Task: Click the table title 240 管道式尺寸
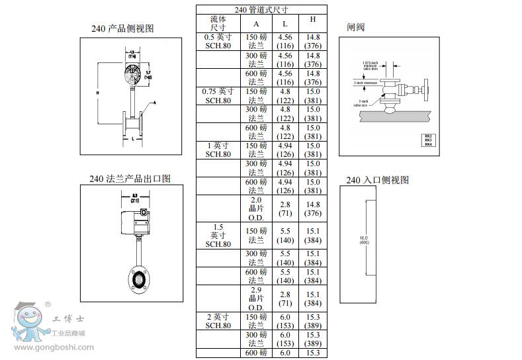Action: [x=261, y=10]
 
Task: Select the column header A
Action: [x=256, y=24]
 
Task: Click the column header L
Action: [x=285, y=24]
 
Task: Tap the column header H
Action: [x=313, y=20]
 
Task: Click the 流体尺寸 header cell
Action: [x=218, y=24]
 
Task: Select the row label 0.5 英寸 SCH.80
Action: [x=218, y=42]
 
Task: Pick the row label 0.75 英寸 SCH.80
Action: [x=218, y=96]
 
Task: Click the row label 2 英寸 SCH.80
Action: [x=218, y=321]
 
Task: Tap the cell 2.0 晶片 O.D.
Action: [x=256, y=208]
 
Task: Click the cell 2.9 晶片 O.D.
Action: [x=256, y=298]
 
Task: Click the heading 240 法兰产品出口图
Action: [x=130, y=179]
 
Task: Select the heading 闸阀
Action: [x=356, y=27]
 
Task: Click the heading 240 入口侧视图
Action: [x=378, y=180]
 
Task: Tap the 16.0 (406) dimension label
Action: [x=363, y=240]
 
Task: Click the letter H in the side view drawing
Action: [x=97, y=93]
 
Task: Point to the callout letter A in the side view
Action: [x=155, y=103]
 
